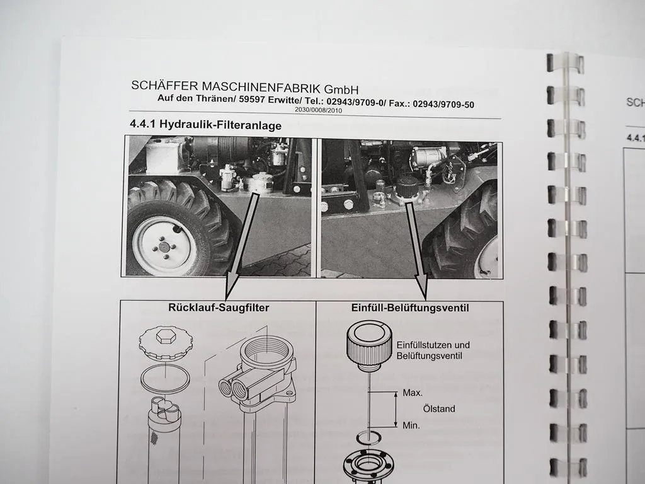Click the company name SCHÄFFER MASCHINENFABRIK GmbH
[x=245, y=87]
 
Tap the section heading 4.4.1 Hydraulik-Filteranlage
[x=205, y=125]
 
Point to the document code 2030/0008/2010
[x=319, y=110]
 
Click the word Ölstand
[x=439, y=409]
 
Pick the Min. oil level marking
[x=411, y=426]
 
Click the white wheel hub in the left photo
[x=164, y=245]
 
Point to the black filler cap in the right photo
[x=408, y=187]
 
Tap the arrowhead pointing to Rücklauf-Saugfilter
[x=231, y=291]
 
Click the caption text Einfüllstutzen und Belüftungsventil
[x=433, y=350]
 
